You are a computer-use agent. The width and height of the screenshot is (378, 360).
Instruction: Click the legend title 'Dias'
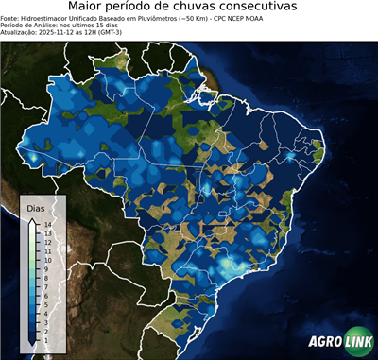click(x=35, y=207)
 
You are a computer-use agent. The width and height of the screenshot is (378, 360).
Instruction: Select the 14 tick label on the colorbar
click(x=46, y=224)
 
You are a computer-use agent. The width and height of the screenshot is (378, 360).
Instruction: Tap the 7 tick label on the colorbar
click(x=46, y=279)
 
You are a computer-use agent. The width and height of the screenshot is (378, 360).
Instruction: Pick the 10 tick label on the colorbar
click(x=46, y=255)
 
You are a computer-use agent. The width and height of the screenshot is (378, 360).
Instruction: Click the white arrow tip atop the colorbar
click(x=32, y=219)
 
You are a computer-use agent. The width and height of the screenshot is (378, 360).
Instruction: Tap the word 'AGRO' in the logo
click(x=324, y=343)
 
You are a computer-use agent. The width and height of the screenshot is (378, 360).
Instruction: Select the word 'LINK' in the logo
click(x=357, y=343)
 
